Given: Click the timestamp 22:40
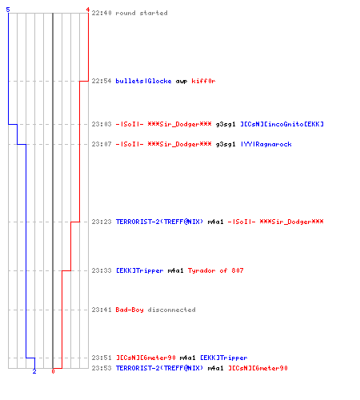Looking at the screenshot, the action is click(102, 13).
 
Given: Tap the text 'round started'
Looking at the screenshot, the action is click(142, 13).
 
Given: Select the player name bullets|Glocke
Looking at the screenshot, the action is click(143, 81).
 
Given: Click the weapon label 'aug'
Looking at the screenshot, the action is click(182, 82).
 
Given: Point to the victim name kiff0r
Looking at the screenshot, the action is click(203, 81).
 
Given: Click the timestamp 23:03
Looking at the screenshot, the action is click(102, 124).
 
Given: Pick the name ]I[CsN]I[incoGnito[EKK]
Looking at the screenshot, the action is click(282, 124).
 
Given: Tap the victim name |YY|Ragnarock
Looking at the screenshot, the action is click(266, 144).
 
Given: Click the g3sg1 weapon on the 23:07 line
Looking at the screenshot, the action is click(226, 145).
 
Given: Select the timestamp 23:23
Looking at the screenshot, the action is click(102, 222).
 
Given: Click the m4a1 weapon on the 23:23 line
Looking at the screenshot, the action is click(215, 222).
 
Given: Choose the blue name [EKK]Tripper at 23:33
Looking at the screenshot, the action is click(140, 270).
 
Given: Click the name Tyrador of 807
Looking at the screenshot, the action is click(216, 270).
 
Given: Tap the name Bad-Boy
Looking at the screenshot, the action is click(130, 310).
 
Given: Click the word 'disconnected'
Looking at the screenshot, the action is click(172, 310).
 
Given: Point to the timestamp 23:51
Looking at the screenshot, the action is click(102, 358).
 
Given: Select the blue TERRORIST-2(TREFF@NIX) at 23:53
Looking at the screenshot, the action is click(159, 368).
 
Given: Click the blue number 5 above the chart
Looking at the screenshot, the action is click(8, 10).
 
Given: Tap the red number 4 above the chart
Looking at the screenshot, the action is click(88, 10).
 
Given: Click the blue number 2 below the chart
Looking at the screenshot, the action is click(34, 371).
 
